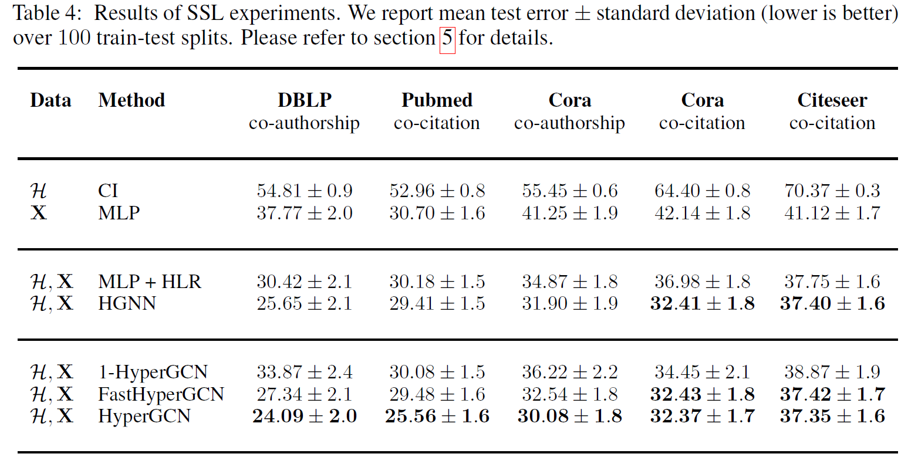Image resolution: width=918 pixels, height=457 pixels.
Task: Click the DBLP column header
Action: click(304, 100)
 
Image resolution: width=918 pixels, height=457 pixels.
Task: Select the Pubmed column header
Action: click(437, 100)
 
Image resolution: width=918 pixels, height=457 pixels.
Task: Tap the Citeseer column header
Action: click(832, 100)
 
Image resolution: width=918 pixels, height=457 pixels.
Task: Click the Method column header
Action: click(131, 100)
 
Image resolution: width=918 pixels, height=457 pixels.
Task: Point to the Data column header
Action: click(50, 100)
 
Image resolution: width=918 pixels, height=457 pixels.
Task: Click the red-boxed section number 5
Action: click(447, 39)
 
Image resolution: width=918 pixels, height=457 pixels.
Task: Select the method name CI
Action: click(108, 191)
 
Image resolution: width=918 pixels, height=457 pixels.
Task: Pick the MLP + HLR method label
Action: click(150, 282)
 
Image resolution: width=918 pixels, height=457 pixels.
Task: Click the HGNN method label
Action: click(127, 303)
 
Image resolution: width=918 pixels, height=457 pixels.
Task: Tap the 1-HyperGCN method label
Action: click(153, 372)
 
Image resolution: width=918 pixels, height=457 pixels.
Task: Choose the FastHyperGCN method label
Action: click(161, 394)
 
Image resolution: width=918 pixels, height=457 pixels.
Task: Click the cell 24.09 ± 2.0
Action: click(304, 417)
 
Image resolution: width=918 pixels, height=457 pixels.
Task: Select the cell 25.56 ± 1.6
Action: click(437, 417)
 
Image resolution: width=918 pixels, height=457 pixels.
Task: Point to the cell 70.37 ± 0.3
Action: click(832, 191)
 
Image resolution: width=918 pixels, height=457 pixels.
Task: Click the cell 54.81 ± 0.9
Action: click(304, 191)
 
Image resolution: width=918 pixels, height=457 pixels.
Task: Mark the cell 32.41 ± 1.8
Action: click(702, 303)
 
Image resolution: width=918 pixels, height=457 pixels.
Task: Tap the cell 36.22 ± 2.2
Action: click(569, 372)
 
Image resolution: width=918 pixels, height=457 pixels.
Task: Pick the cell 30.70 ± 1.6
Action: click(437, 212)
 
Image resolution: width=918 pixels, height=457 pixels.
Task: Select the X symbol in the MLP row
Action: click(38, 212)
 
